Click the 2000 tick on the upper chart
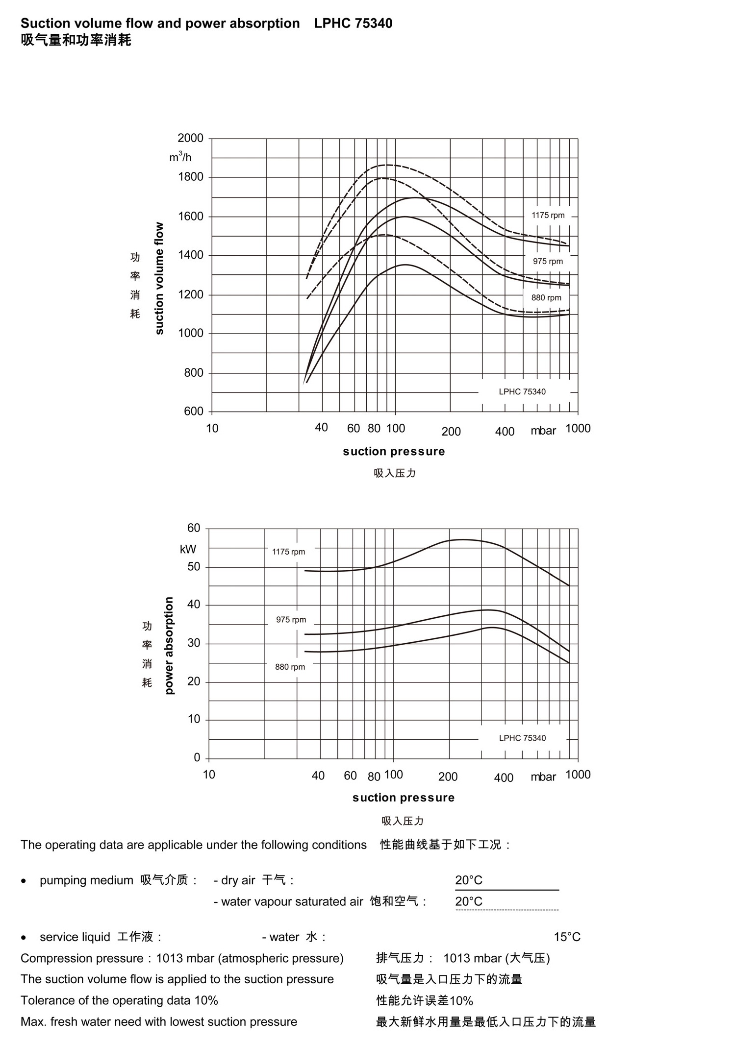pos(191,138)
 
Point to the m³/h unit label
pos(180,157)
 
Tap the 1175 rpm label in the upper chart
pos(548,216)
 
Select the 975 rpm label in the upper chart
pos(548,262)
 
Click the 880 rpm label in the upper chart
pos(546,298)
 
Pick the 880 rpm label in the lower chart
pos(290,667)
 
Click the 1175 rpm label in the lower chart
pos(288,552)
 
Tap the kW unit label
pos(188,549)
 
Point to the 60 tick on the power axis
pos(194,528)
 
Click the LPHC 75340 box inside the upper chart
pos(522,392)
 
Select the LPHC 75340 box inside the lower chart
pos(522,738)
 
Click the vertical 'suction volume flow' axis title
pos(159,278)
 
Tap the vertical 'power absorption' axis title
pos(169,645)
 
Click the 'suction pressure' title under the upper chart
pos(394,451)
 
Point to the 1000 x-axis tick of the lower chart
pos(578,775)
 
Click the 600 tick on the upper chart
pos(194,412)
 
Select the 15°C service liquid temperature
pos(567,937)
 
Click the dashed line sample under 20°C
pos(507,910)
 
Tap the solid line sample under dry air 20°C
pos(507,890)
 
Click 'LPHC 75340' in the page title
pos(353,24)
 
